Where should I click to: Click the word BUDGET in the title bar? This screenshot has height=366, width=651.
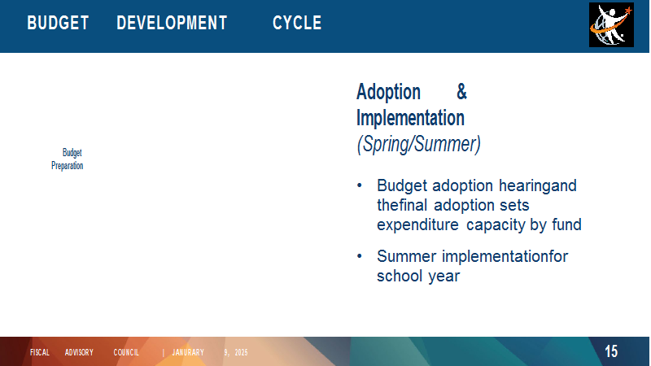(x=58, y=23)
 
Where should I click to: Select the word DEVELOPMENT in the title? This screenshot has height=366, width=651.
(x=172, y=23)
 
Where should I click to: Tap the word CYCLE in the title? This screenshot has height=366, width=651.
(x=297, y=23)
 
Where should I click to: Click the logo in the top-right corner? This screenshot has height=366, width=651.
(x=611, y=24)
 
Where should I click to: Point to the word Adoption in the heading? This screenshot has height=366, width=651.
(x=389, y=92)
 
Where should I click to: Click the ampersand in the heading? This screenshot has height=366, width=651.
(x=461, y=91)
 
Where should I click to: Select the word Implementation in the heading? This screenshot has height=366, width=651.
(x=410, y=118)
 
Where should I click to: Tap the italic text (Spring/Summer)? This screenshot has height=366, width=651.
(x=418, y=144)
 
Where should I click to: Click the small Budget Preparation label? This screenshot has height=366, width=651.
(x=68, y=159)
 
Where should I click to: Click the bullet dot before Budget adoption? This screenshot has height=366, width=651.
(x=360, y=185)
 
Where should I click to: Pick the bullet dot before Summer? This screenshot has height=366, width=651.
(x=360, y=256)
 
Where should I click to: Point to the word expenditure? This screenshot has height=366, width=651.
(x=417, y=225)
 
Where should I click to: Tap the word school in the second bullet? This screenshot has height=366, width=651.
(x=400, y=276)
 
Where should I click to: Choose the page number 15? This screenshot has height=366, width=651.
(x=611, y=351)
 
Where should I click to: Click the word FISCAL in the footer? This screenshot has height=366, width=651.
(x=40, y=352)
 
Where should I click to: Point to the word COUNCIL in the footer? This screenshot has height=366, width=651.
(x=126, y=352)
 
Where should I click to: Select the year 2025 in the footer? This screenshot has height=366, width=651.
(x=241, y=352)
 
